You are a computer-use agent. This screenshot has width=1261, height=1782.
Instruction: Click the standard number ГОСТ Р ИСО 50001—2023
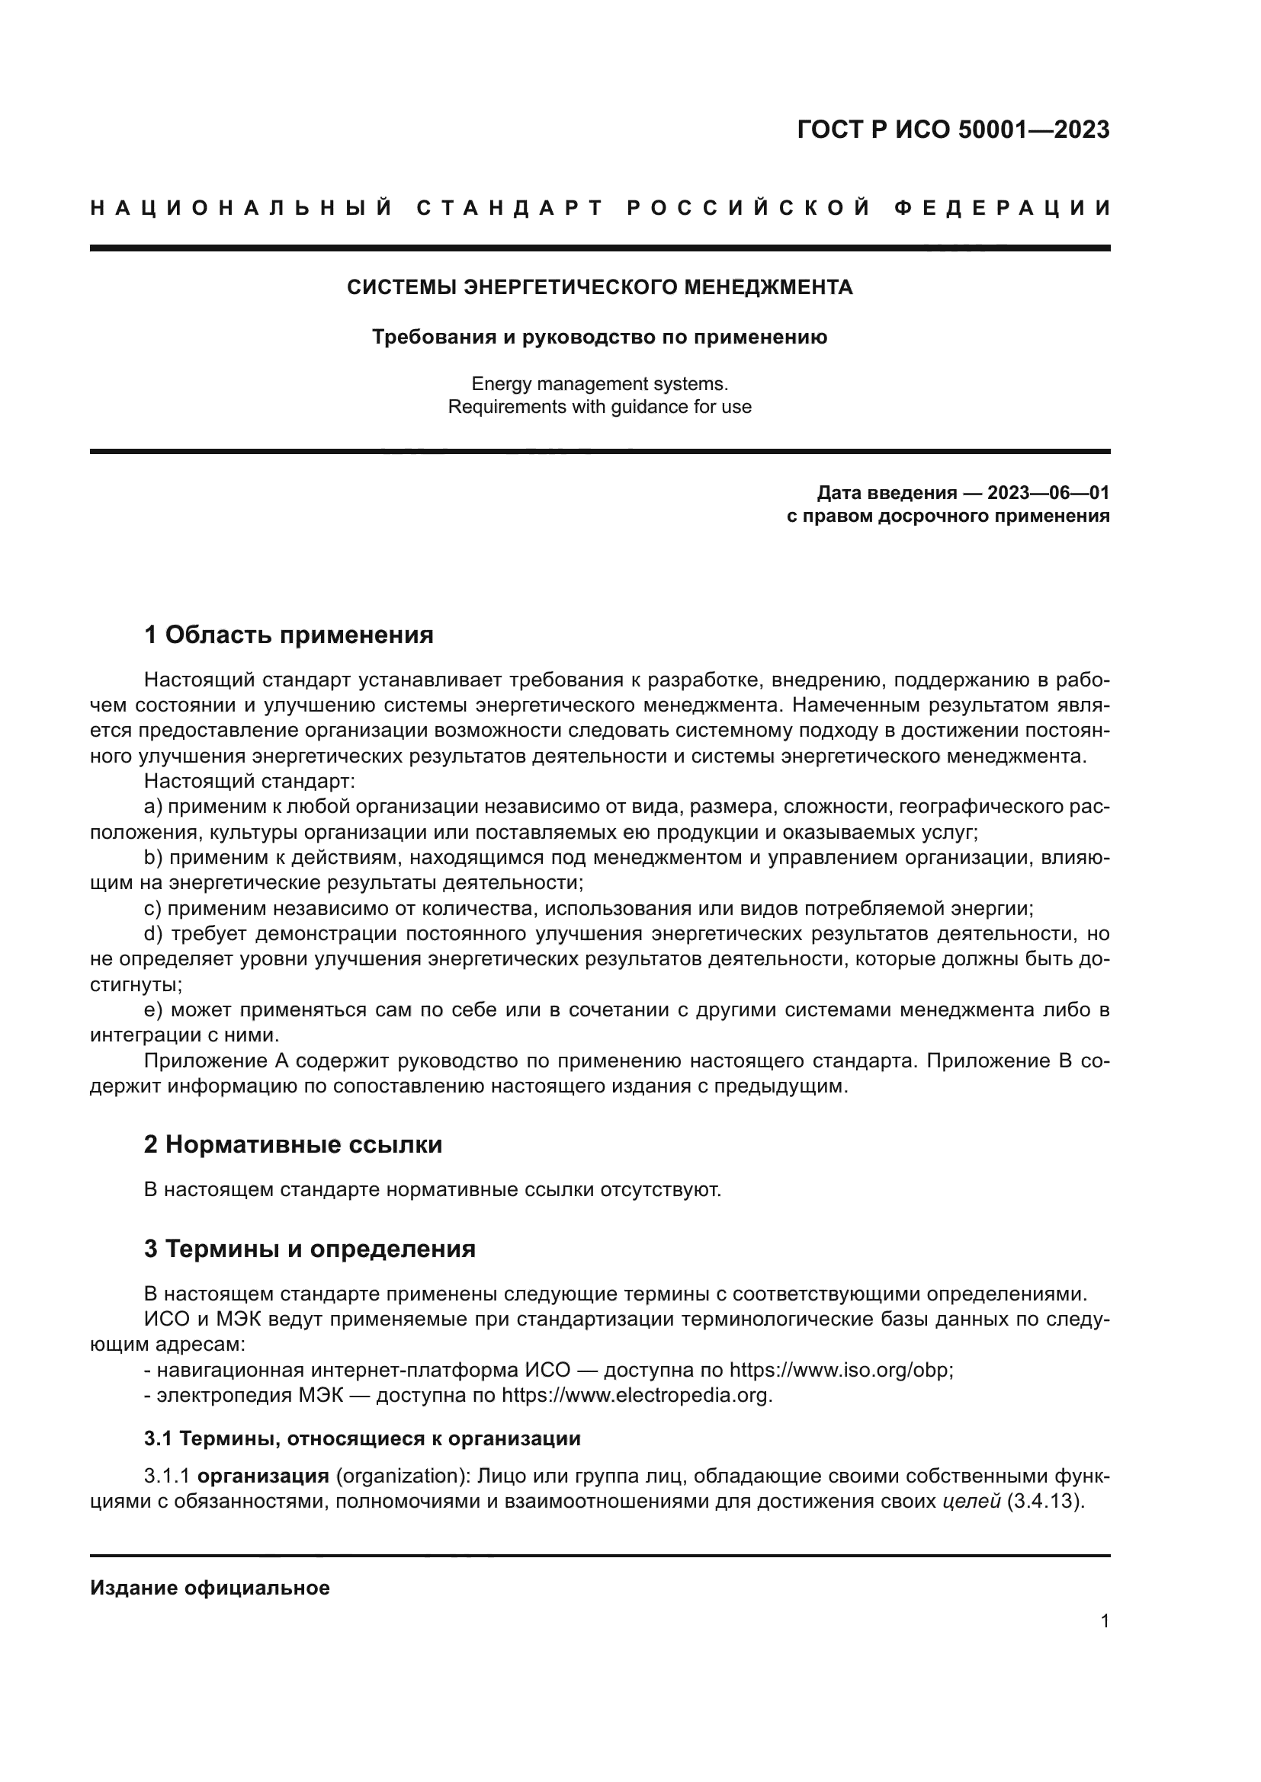[953, 130]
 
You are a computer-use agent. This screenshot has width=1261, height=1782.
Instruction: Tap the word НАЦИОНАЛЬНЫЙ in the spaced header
[242, 208]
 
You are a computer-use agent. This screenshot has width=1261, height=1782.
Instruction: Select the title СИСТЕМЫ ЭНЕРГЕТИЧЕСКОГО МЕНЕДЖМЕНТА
[599, 288]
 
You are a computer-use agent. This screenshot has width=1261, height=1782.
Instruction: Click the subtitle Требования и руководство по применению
[599, 338]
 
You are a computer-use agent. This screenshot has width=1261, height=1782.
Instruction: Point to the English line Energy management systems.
[599, 384]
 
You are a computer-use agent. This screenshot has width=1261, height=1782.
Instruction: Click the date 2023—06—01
[1048, 493]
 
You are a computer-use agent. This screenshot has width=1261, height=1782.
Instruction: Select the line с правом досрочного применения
[948, 516]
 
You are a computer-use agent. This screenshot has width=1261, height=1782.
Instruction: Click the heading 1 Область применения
[288, 635]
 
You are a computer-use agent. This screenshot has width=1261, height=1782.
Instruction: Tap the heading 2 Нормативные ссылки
[293, 1145]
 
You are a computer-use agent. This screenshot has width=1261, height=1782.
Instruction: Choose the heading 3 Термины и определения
[309, 1249]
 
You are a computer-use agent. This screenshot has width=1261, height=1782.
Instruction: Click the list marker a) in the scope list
[153, 807]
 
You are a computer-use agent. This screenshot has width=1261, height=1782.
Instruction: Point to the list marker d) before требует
[154, 934]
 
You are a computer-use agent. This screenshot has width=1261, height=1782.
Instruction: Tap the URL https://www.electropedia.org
[636, 1396]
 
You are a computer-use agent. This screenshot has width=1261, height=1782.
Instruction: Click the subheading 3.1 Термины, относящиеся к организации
[362, 1439]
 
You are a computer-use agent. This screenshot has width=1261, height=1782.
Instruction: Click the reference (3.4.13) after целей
[1044, 1502]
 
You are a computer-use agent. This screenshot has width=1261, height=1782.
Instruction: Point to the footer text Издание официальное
[210, 1588]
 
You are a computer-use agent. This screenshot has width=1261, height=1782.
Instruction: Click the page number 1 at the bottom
[1104, 1621]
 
